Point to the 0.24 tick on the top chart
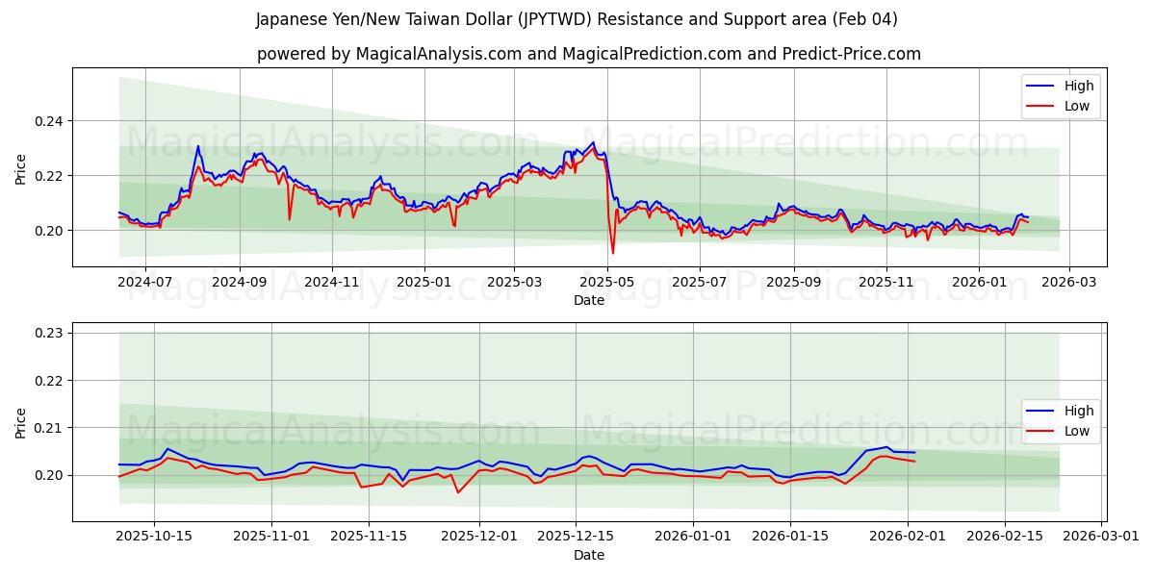coord(50,121)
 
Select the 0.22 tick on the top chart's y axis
coord(50,176)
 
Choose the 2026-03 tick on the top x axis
coord(1071,282)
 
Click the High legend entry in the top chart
coord(1078,86)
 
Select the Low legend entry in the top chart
coord(1076,106)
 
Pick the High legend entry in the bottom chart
coord(1078,411)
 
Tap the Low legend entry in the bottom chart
coord(1076,431)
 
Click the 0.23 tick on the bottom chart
coord(50,333)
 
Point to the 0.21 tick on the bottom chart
coord(50,428)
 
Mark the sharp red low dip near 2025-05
coord(612,253)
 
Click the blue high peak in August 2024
coord(198,146)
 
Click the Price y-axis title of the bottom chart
coord(21,423)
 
